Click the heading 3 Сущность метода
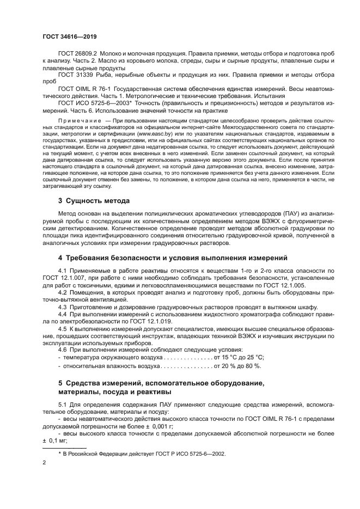click(94, 200)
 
